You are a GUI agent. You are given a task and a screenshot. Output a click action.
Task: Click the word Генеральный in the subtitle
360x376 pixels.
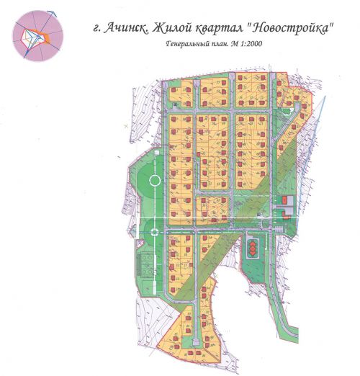click(x=188, y=45)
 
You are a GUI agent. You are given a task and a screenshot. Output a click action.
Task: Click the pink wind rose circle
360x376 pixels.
click(x=38, y=35)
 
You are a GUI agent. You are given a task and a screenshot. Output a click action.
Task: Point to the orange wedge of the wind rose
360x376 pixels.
click(x=45, y=33)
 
